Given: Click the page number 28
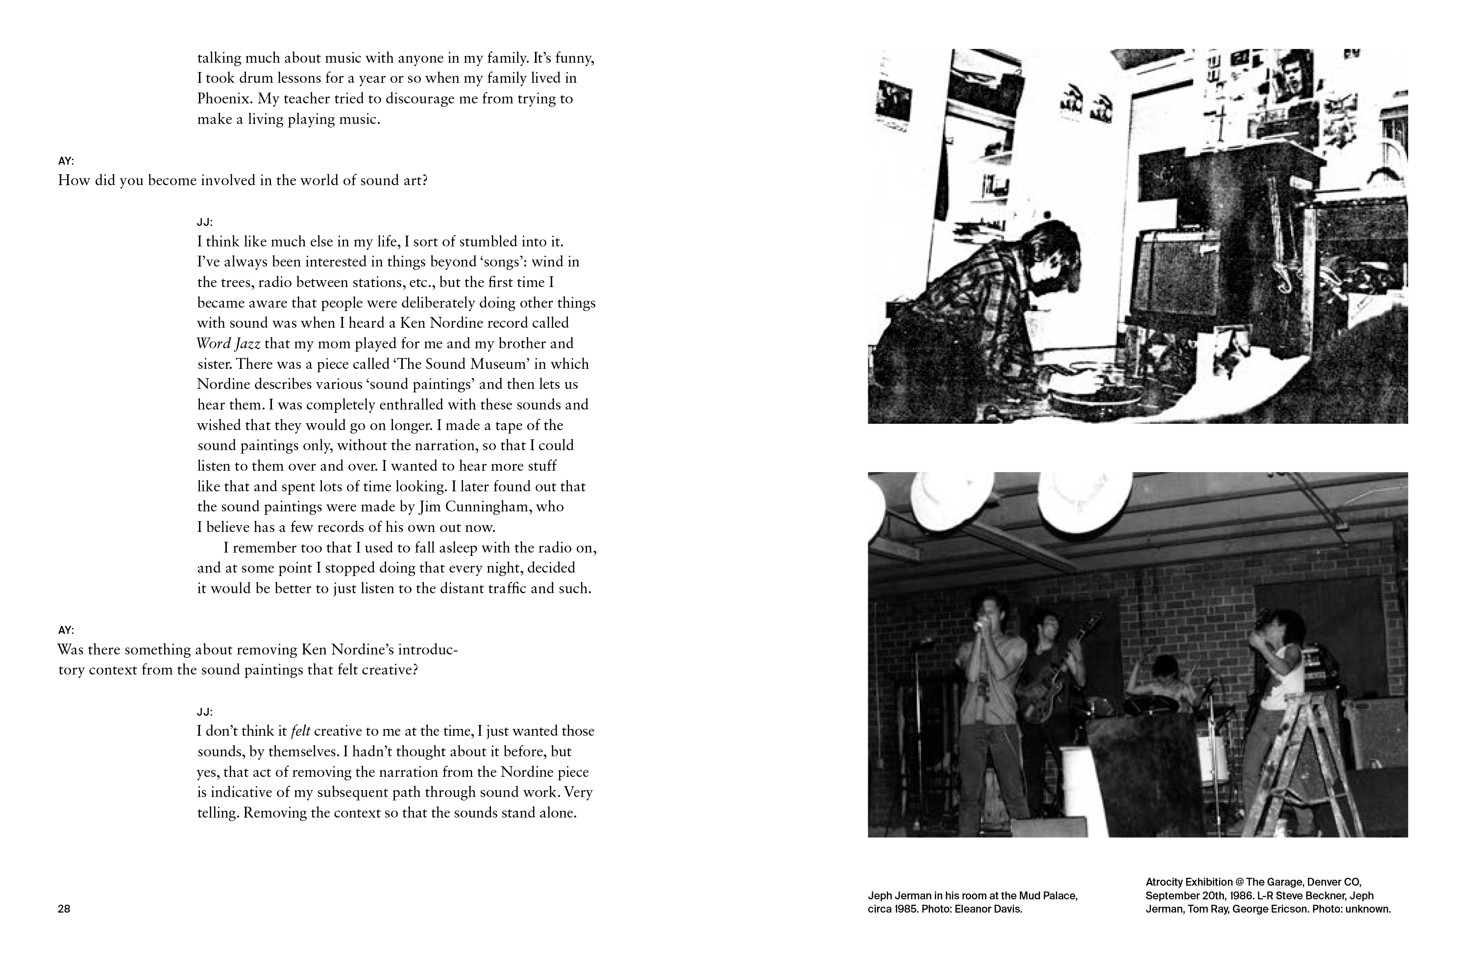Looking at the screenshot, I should [x=64, y=909].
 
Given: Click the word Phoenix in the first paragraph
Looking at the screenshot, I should [x=223, y=99].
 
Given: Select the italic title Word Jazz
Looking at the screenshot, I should [x=228, y=344].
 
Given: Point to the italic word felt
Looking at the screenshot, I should [x=300, y=731].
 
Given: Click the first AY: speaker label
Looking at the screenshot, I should [x=66, y=161].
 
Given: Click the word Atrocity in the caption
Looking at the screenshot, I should [x=1167, y=882].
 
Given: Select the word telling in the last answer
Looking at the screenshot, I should [x=217, y=813].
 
